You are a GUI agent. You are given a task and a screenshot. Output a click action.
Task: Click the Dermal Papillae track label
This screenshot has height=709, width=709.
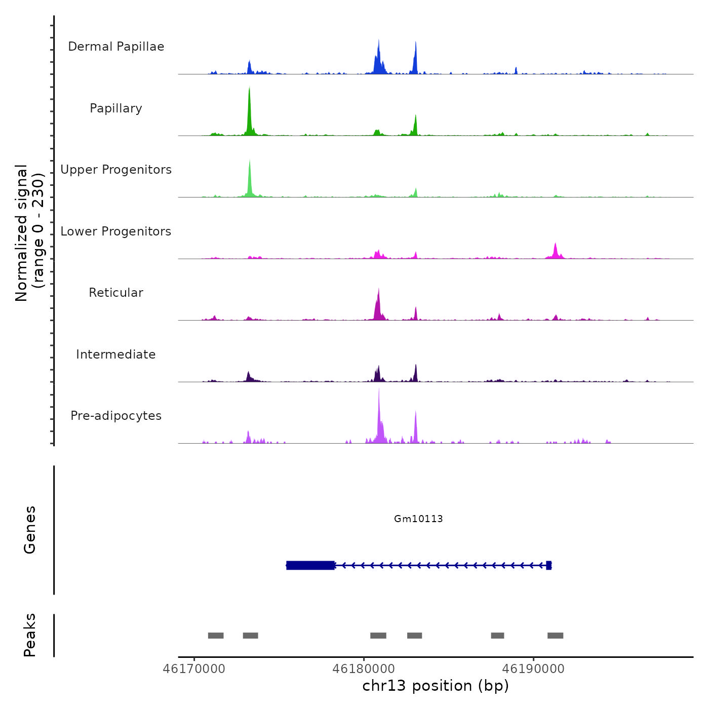[x=116, y=47]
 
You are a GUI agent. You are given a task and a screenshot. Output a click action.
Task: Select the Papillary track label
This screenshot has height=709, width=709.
[x=116, y=108]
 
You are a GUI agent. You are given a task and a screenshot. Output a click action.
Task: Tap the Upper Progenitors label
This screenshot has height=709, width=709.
[x=116, y=170]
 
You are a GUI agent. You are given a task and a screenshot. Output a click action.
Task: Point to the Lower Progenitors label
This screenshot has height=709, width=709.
[x=116, y=231]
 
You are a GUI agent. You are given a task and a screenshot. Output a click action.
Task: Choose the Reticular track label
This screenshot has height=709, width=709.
[x=116, y=293]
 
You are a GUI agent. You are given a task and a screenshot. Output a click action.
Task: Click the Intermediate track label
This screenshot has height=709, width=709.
[x=116, y=354]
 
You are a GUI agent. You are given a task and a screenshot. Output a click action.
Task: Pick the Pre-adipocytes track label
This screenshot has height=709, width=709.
[x=116, y=416]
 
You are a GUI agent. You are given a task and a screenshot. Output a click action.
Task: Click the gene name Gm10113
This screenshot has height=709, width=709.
[x=418, y=519]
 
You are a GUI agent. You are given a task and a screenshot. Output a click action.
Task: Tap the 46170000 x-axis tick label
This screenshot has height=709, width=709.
[x=194, y=668]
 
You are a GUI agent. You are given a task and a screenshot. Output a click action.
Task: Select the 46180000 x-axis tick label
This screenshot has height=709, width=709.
[x=364, y=668]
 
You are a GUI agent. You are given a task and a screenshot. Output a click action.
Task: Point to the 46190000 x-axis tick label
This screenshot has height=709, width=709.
[x=533, y=668]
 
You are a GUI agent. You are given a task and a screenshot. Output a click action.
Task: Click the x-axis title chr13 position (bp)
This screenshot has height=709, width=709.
[x=436, y=686]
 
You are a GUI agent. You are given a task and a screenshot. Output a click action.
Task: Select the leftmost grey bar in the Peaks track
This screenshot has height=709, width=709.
[x=216, y=636]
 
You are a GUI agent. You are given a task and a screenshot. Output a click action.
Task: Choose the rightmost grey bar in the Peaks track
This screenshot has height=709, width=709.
[x=555, y=636]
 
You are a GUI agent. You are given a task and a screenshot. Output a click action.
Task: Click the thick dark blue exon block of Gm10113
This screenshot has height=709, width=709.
[x=310, y=565]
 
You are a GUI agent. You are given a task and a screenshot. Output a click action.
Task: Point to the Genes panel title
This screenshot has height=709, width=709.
[x=30, y=530]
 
